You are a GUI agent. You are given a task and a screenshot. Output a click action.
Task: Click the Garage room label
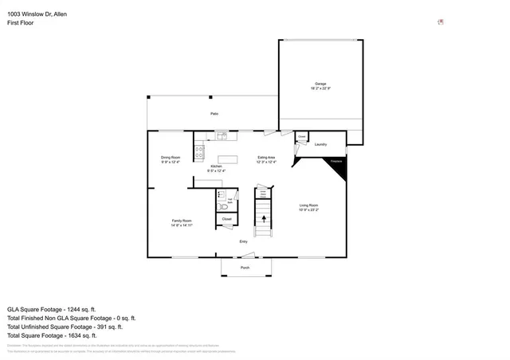[x=320, y=85]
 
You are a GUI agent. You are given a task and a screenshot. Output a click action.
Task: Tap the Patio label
[x=214, y=114]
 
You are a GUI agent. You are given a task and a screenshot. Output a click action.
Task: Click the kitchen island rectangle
[x=228, y=159]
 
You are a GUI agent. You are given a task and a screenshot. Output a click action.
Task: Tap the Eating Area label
[x=266, y=159]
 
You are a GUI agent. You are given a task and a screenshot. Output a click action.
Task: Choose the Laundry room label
[x=321, y=144]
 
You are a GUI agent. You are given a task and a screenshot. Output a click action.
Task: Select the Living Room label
[x=309, y=208]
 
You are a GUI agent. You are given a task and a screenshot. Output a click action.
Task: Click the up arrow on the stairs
[x=264, y=213]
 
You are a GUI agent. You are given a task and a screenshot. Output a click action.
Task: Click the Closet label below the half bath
[x=226, y=219]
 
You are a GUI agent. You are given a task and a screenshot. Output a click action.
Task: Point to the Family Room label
[x=182, y=222]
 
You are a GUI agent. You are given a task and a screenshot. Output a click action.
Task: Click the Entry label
[x=244, y=241]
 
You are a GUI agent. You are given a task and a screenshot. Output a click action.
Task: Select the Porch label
[x=245, y=268]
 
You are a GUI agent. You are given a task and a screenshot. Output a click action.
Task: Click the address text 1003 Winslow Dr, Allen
[x=37, y=14]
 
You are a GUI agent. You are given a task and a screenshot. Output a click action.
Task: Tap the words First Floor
[x=22, y=22]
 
